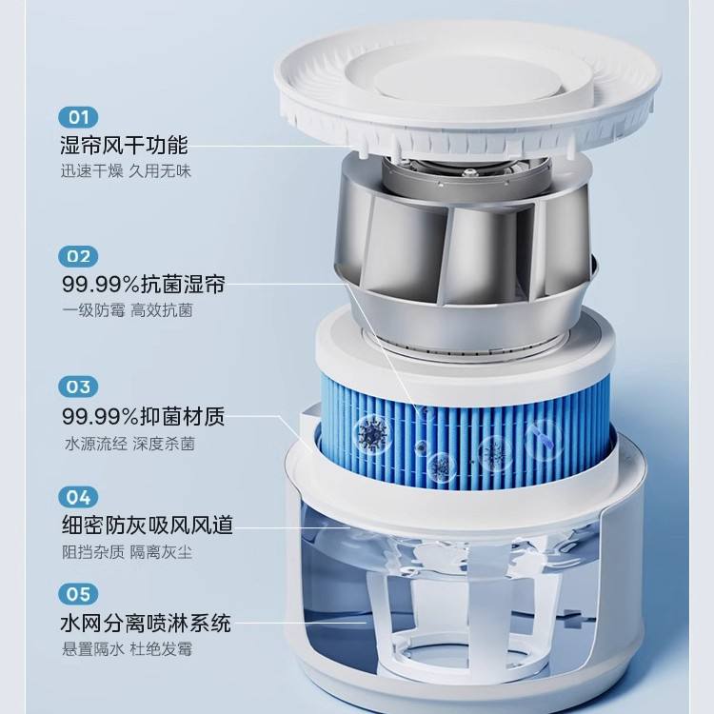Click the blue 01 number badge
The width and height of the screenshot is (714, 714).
tap(78, 117)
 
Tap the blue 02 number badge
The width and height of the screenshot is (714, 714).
tap(78, 256)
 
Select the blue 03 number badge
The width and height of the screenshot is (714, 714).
tap(78, 387)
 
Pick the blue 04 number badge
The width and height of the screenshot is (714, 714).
tap(78, 497)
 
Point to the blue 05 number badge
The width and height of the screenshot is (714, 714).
tap(78, 594)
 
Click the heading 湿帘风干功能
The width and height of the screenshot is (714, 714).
tap(124, 145)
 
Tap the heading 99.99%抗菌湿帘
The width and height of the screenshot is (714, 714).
tap(144, 285)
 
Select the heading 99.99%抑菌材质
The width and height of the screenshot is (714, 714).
tap(144, 416)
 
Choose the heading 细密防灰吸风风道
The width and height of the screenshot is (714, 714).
tap(147, 525)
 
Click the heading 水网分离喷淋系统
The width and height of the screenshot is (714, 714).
tap(146, 623)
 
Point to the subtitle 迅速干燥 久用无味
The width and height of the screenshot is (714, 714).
tap(126, 171)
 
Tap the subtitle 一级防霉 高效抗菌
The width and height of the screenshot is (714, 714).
tap(128, 310)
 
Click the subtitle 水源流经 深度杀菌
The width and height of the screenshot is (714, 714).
tap(129, 444)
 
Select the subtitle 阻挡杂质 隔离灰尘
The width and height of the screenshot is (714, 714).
tap(127, 552)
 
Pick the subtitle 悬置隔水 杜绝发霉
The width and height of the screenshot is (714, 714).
tap(127, 649)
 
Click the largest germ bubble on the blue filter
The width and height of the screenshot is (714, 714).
tap(371, 433)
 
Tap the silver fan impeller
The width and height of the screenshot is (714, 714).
tap(465, 246)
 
